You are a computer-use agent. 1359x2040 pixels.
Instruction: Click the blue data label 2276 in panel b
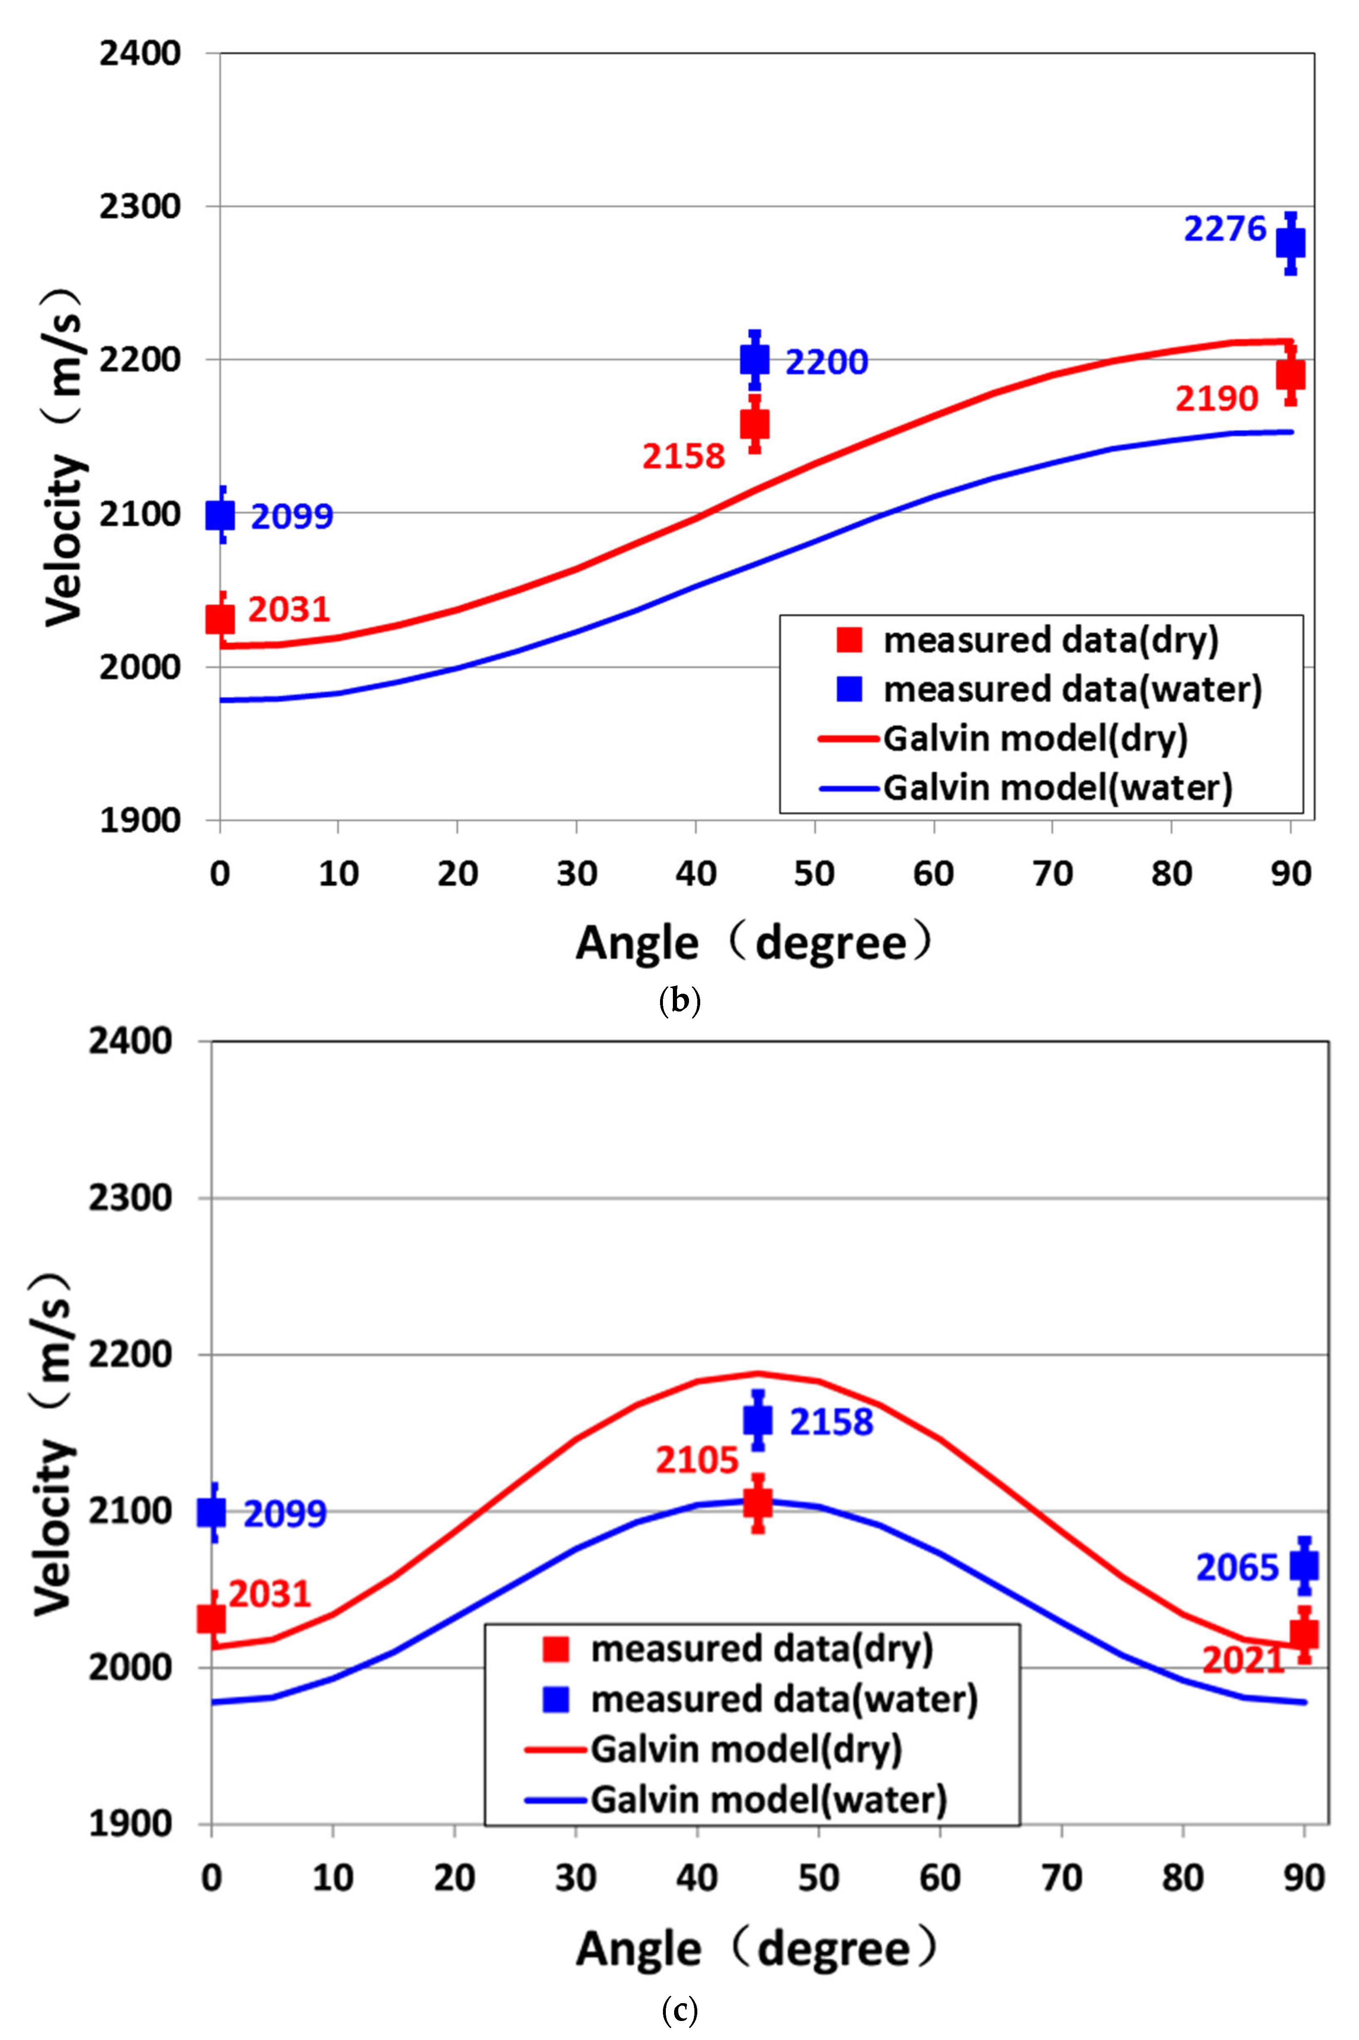point(1225,230)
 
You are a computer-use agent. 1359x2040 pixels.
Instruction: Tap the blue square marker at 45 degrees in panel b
point(754,359)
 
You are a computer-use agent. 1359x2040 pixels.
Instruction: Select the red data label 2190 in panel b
point(1216,399)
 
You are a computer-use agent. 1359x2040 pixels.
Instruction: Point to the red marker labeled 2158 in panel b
point(754,424)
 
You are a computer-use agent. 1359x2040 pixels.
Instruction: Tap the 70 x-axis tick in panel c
point(1061,1879)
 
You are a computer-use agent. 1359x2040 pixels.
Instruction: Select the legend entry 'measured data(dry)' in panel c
point(761,1648)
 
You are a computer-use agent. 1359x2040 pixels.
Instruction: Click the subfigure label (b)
point(679,1001)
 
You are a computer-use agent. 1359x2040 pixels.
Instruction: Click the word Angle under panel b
point(637,943)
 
